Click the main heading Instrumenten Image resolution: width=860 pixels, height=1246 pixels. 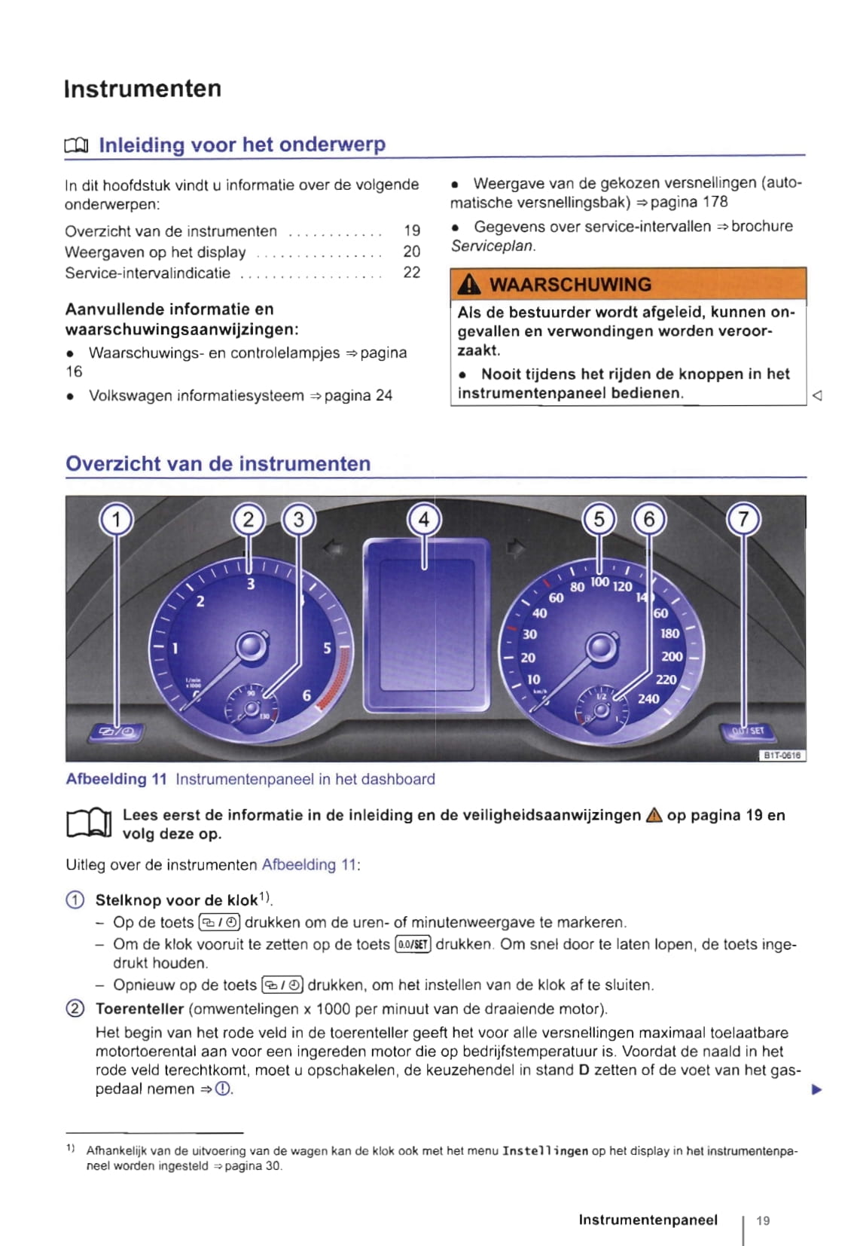(142, 89)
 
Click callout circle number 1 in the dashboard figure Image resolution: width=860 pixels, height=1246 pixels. (116, 519)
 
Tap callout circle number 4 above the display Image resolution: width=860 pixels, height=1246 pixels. (423, 519)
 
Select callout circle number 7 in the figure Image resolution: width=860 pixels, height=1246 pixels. (743, 519)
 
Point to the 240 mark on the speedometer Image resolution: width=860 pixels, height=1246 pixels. (648, 698)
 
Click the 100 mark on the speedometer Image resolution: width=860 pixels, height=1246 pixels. (599, 582)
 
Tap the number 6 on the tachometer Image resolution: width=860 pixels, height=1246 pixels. (306, 695)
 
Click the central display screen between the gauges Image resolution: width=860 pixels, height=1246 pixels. (426, 625)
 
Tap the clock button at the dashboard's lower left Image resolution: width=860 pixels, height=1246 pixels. (117, 731)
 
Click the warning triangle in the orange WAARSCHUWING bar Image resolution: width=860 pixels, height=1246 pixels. (469, 284)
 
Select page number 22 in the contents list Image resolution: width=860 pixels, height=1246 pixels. (411, 273)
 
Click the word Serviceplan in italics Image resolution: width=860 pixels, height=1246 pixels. (493, 246)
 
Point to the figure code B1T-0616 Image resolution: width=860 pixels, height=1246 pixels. (781, 755)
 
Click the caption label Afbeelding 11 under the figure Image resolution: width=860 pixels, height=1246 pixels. (116, 779)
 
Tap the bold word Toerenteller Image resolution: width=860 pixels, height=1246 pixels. (139, 1009)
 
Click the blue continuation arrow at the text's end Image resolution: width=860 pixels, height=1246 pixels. (816, 1089)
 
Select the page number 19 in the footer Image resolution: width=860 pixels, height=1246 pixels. (763, 1220)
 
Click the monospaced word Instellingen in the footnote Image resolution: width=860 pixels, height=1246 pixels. (545, 1151)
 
